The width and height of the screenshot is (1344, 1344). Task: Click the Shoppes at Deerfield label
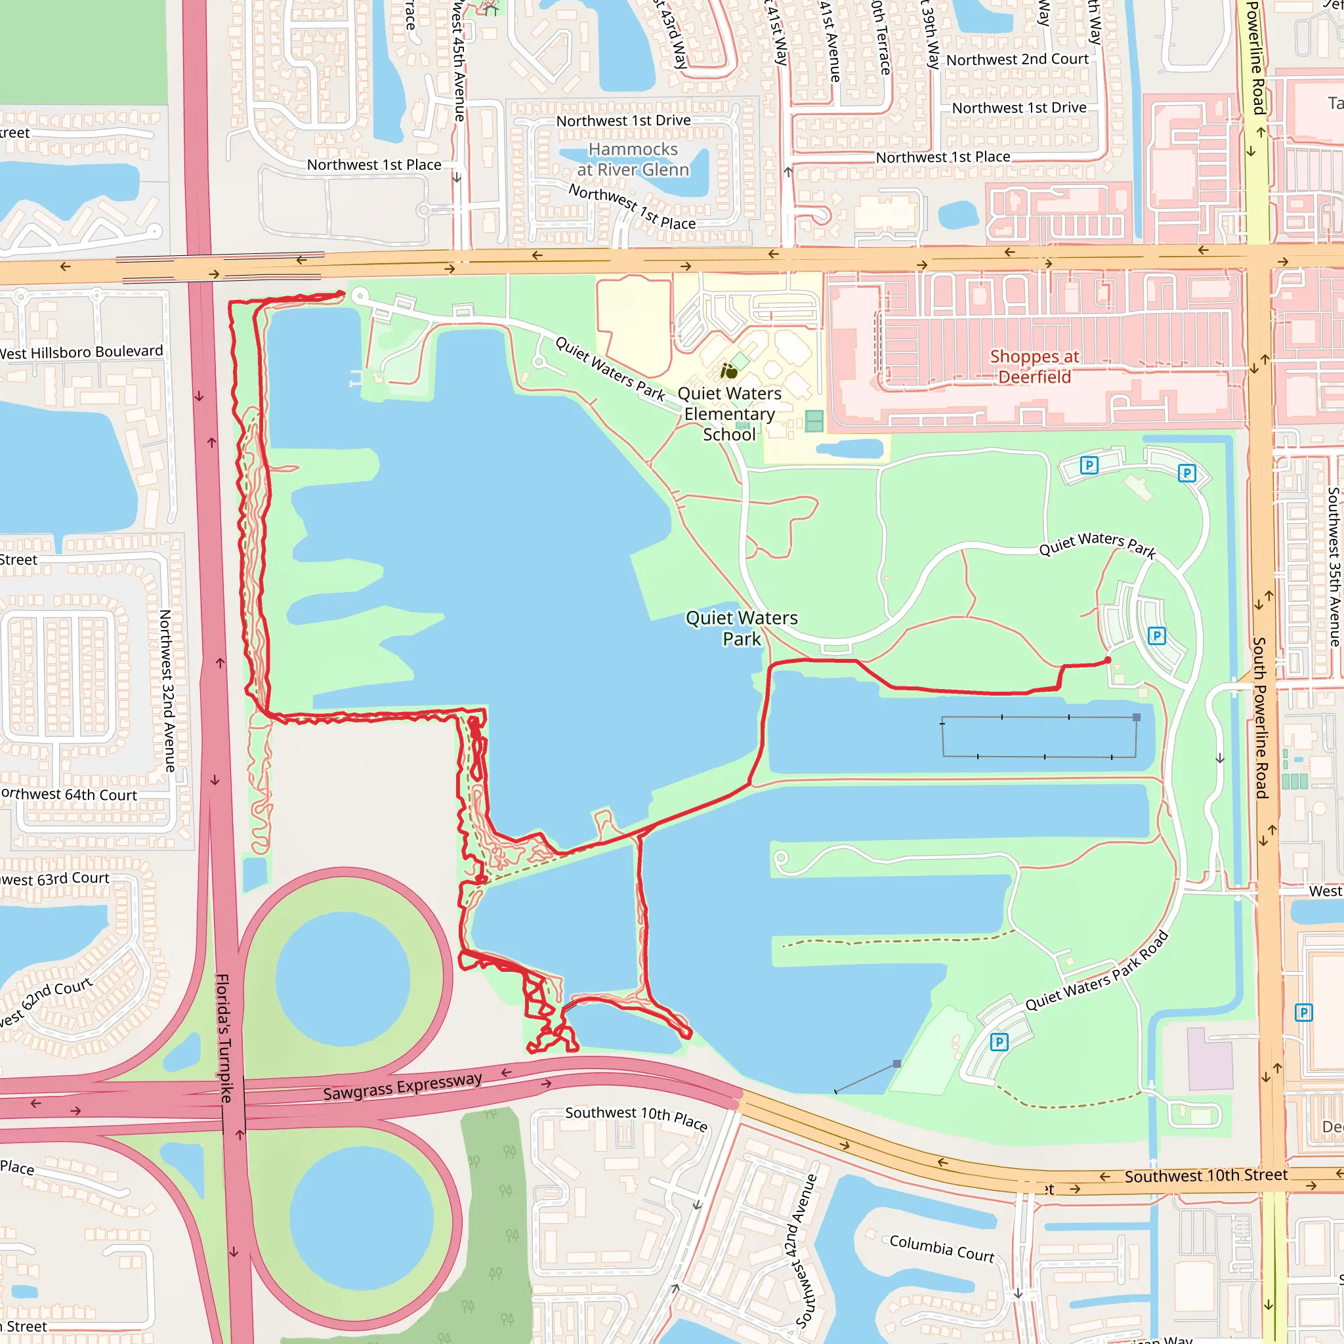[x=1034, y=367]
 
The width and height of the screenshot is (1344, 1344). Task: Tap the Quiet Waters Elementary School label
[x=729, y=414]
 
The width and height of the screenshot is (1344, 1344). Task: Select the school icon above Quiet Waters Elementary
[x=728, y=371]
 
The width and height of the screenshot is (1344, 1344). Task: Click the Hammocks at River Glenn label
[x=633, y=159]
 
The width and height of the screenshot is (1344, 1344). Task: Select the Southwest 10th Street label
[x=1206, y=1175]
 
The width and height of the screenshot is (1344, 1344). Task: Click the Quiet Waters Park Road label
[x=1097, y=973]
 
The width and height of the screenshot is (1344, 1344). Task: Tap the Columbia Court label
[x=942, y=1248]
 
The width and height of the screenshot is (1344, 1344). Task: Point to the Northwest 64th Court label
[x=70, y=795]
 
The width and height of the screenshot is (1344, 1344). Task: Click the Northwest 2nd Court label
[x=1017, y=60]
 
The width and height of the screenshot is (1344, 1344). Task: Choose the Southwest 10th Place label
[x=637, y=1117]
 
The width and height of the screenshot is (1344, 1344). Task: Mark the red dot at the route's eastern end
[x=1108, y=660]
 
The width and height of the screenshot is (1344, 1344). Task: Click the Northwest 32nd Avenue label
[x=167, y=691]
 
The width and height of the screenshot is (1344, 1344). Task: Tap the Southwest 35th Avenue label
[x=1333, y=566]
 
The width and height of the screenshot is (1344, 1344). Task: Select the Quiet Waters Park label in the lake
[x=742, y=628]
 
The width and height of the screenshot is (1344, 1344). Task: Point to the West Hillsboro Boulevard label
[x=81, y=352]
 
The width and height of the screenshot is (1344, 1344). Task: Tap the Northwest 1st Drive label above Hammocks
[x=623, y=121]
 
